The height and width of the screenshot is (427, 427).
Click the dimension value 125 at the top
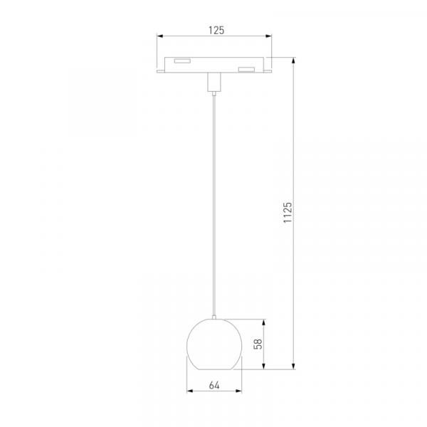216,30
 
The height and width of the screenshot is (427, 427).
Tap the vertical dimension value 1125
288,212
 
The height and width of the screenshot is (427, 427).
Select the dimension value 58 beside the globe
258,344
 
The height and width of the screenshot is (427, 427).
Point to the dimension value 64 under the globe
214,385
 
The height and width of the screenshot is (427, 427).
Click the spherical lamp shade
214,344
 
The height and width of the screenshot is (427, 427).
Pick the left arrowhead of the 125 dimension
160,36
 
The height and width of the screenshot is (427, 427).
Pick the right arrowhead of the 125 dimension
269,36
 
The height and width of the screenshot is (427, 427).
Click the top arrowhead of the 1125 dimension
293,60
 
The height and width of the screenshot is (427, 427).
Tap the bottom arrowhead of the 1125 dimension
293,367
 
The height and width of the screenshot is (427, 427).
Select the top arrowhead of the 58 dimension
263,322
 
